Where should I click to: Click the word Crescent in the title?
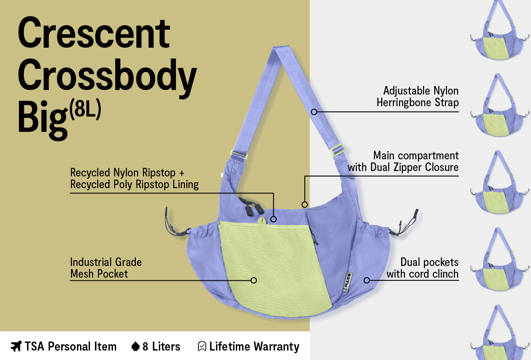click(x=94, y=35)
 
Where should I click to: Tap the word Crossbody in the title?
click(x=107, y=77)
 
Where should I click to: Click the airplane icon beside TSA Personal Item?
click(x=16, y=346)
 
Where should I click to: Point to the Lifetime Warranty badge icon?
click(x=202, y=346)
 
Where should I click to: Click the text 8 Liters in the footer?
click(x=161, y=346)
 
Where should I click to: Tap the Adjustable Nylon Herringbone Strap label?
click(x=417, y=97)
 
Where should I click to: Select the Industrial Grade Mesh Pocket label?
click(x=106, y=268)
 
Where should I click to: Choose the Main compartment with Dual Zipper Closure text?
click(x=403, y=162)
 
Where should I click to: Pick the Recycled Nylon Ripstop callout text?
click(x=134, y=179)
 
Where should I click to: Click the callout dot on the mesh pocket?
click(x=253, y=280)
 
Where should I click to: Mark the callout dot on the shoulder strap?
click(x=314, y=111)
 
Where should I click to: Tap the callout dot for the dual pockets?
click(x=367, y=280)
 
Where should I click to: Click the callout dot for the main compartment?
click(x=305, y=204)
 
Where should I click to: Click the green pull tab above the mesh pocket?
click(x=262, y=220)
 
